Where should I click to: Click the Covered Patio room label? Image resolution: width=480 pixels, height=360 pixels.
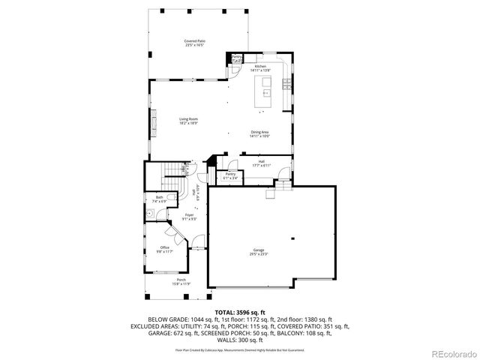coord(195,43)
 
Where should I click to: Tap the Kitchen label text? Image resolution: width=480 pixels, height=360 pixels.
coord(260,67)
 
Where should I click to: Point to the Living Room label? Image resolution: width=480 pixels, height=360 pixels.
coord(188,121)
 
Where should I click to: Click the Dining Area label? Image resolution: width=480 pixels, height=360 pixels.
coord(259,134)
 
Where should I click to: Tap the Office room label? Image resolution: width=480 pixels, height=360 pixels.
coord(164,249)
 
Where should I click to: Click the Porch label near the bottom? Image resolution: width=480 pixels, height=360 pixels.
coord(161,282)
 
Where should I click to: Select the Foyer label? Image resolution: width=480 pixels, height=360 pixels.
coord(190,217)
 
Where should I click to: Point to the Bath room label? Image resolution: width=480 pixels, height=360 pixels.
coord(160,199)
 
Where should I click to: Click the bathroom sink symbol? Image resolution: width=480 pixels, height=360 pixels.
coord(150,214)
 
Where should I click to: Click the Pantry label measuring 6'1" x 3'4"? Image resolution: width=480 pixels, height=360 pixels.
coord(230,176)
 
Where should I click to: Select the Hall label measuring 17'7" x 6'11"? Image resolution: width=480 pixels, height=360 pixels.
coord(262,163)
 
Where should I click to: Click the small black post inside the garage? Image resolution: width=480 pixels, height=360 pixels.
coord(293,238)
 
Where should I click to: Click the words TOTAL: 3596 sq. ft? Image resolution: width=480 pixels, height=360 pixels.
coord(240,311)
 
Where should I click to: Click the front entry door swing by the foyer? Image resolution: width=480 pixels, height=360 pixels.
coord(196,241)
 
